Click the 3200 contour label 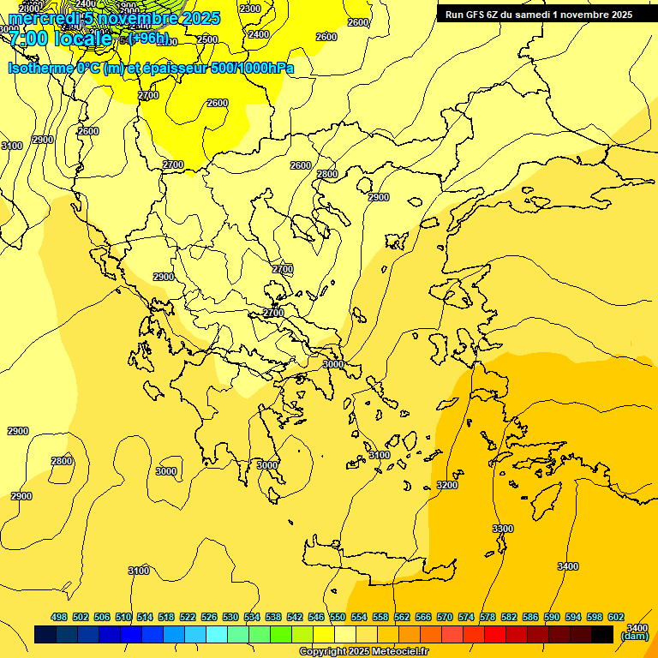(x=447, y=485)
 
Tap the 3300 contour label (x=503, y=529)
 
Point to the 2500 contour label (x=207, y=39)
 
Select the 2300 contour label (x=250, y=9)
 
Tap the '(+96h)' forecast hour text (x=148, y=39)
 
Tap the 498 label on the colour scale (x=59, y=617)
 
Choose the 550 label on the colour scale (x=338, y=617)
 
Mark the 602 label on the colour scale (x=616, y=617)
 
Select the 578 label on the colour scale (x=488, y=617)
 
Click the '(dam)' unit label (x=634, y=636)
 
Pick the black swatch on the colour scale (x=602, y=634)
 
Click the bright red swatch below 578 (x=495, y=634)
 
